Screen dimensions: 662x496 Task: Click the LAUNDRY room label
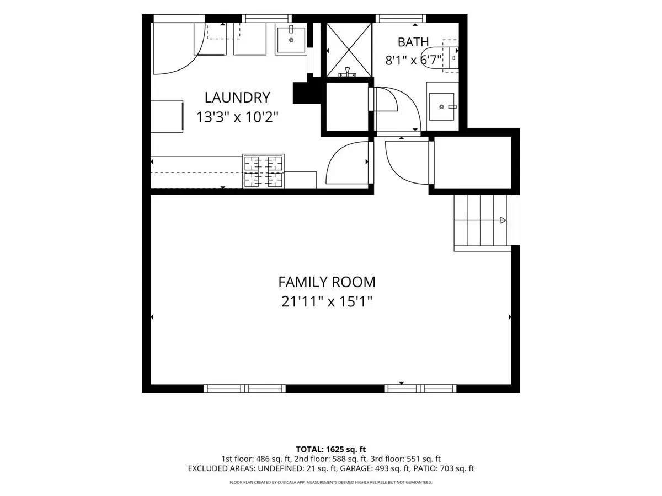click(x=237, y=98)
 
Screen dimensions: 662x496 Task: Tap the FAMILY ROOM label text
click(x=327, y=282)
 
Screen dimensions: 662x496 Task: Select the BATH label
click(x=413, y=42)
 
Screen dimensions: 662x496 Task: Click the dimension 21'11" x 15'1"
click(x=327, y=301)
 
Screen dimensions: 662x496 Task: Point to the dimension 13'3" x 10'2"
click(x=237, y=117)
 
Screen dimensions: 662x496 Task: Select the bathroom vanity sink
click(x=442, y=106)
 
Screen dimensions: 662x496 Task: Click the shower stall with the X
click(x=349, y=50)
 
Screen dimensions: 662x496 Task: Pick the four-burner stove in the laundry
click(x=263, y=171)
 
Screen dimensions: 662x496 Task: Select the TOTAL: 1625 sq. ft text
click(x=331, y=449)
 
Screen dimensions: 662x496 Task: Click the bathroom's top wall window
click(x=401, y=19)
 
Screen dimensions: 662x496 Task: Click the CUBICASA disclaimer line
click(x=331, y=482)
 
